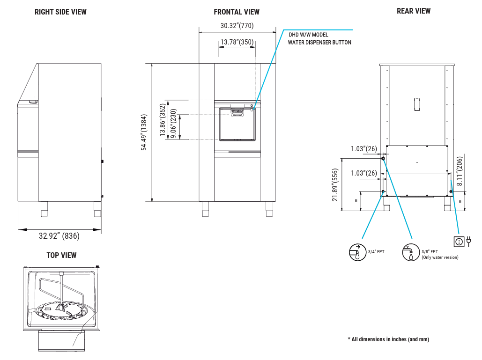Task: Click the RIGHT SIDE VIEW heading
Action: point(60,12)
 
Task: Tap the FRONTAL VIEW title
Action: point(237,12)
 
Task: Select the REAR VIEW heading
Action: point(414,11)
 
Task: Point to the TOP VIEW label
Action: point(61,255)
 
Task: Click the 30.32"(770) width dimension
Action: point(237,25)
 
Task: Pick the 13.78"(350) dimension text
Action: point(237,42)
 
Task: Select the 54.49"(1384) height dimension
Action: point(144,132)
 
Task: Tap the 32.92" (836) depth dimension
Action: point(59,236)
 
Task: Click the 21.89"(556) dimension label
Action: point(335,185)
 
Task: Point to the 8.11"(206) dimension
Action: point(460,171)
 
